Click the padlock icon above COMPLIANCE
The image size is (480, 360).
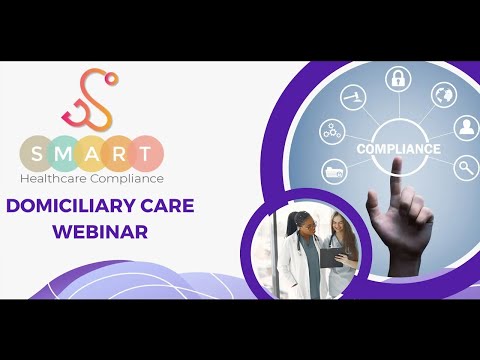pyautogui.click(x=398, y=78)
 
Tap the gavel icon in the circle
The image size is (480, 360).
pyautogui.click(x=352, y=98)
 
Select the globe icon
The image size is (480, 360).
pyautogui.click(x=443, y=96)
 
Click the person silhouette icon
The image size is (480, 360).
pyautogui.click(x=466, y=128)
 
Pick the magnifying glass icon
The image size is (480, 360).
pyautogui.click(x=464, y=169)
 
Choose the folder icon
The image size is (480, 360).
pyautogui.click(x=334, y=173)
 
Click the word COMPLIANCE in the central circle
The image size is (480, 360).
pyautogui.click(x=399, y=149)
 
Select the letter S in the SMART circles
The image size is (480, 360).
pyautogui.click(x=37, y=152)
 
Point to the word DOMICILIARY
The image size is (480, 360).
pyautogui.click(x=76, y=206)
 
